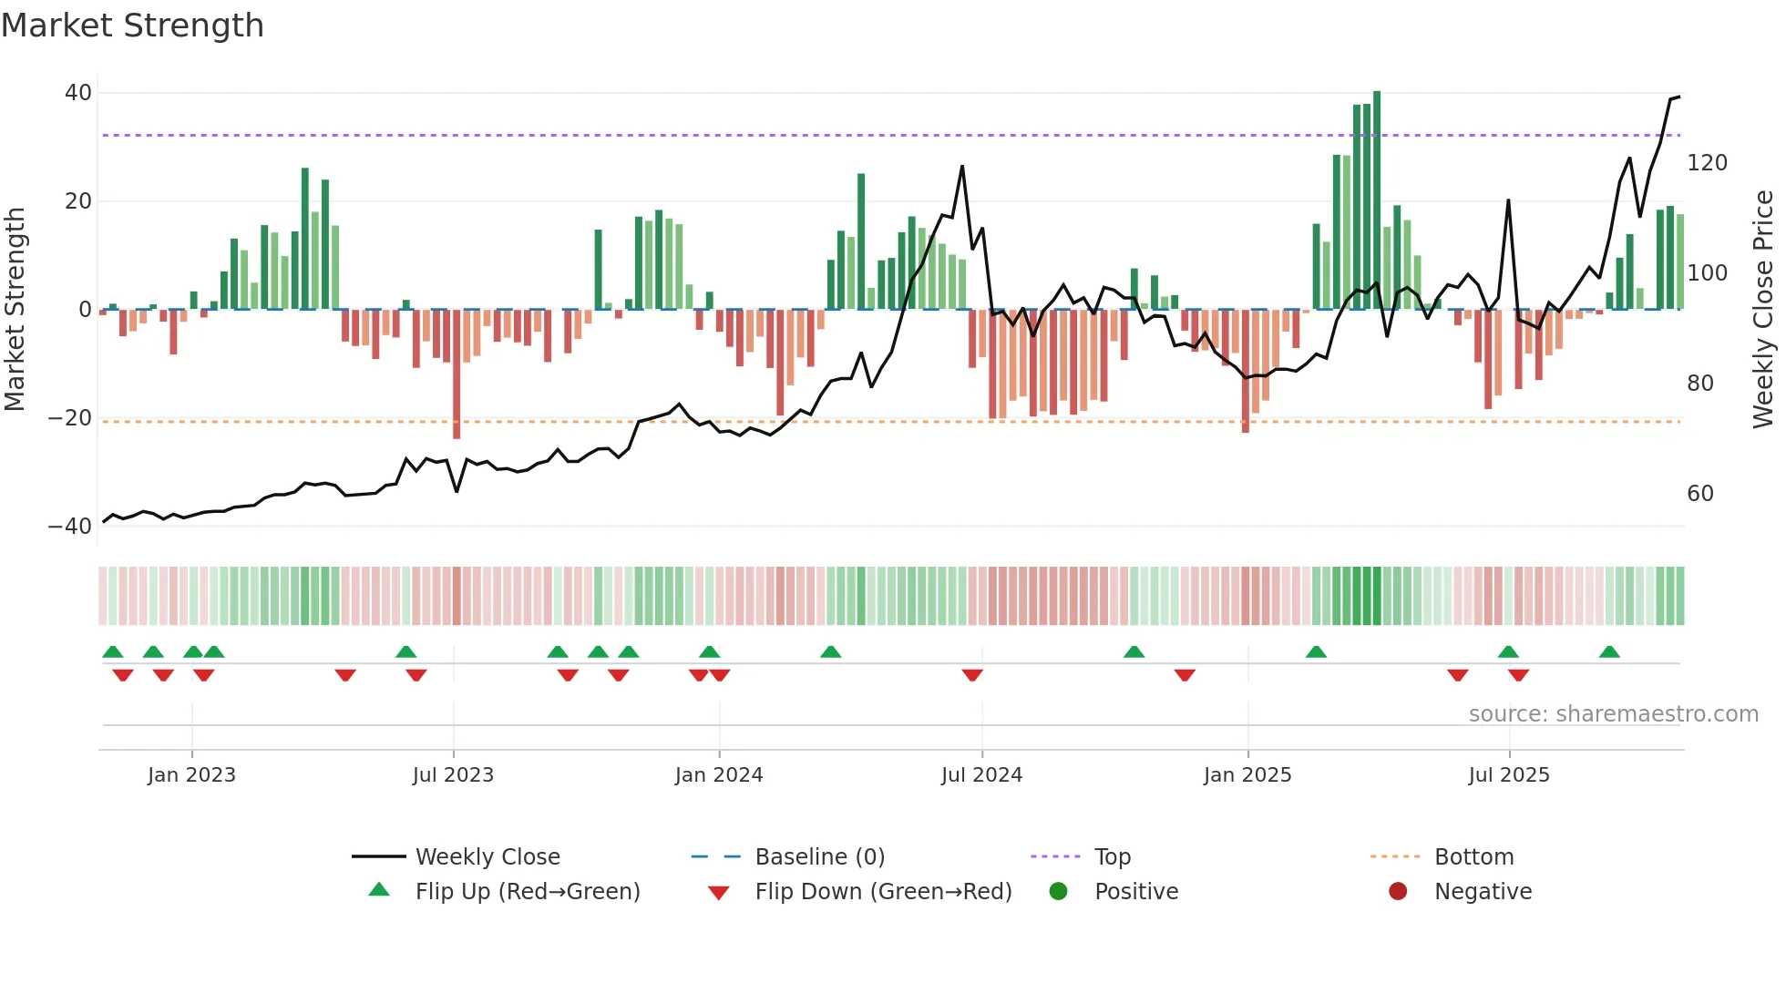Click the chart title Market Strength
(132, 26)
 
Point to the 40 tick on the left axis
(78, 93)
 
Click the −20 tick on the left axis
(70, 418)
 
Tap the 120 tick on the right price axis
(1707, 163)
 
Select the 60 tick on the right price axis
(1700, 494)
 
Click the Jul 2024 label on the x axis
(981, 775)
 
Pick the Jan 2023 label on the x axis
(191, 775)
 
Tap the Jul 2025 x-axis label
(1508, 775)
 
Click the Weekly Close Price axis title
(1763, 310)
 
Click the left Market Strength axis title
(15, 310)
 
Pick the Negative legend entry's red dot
(1398, 892)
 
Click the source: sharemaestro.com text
(1613, 714)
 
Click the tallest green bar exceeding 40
(1377, 200)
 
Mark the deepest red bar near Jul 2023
(457, 374)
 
